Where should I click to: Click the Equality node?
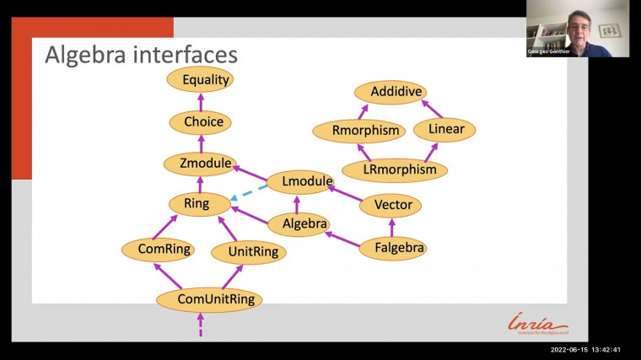[200, 80]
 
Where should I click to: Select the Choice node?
[203, 122]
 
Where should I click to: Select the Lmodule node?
[300, 181]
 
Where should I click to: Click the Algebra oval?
[299, 224]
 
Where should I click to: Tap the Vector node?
[391, 204]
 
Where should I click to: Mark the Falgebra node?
[392, 248]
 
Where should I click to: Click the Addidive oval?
[389, 91]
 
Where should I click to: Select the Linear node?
[444, 130]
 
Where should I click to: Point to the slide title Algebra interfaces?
[141, 56]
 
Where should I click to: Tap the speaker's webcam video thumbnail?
[577, 28]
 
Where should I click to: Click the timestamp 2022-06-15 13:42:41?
[585, 349]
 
